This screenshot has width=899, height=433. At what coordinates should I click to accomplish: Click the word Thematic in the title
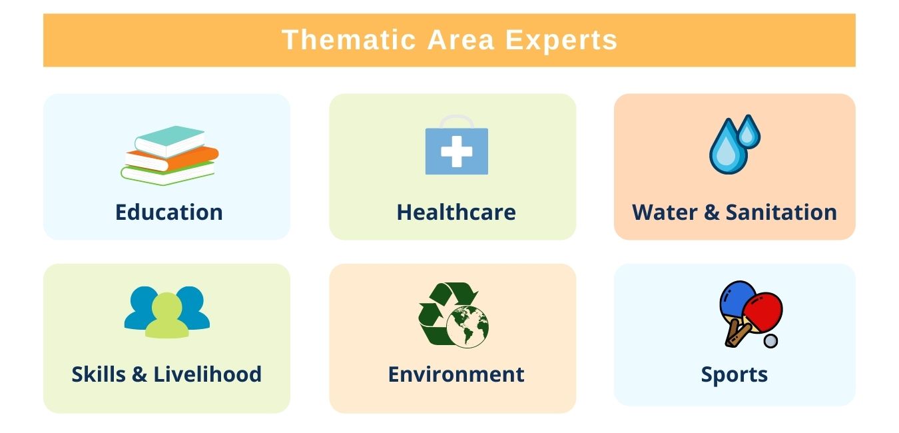[x=348, y=40]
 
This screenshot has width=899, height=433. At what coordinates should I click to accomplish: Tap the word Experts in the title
[x=561, y=40]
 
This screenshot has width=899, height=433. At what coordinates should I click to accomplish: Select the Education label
[x=168, y=213]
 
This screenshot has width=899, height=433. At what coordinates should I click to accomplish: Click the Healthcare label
[x=456, y=213]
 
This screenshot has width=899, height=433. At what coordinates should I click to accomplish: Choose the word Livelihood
[x=208, y=374]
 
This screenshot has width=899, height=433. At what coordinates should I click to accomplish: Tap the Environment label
[x=456, y=374]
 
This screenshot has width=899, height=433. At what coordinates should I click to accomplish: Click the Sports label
[x=734, y=374]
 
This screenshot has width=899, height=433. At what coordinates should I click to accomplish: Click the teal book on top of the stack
[x=170, y=139]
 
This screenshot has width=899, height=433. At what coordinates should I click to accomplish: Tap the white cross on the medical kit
[x=457, y=152]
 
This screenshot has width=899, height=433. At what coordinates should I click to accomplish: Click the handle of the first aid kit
[x=457, y=121]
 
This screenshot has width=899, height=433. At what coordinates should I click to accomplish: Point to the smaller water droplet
[x=750, y=133]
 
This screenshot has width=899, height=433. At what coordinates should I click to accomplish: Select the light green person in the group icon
[x=167, y=316]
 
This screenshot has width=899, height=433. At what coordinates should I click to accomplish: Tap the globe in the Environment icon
[x=468, y=326]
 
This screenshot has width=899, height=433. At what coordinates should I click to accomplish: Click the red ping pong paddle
[x=762, y=309]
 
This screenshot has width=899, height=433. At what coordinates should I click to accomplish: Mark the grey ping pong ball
[x=770, y=340]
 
